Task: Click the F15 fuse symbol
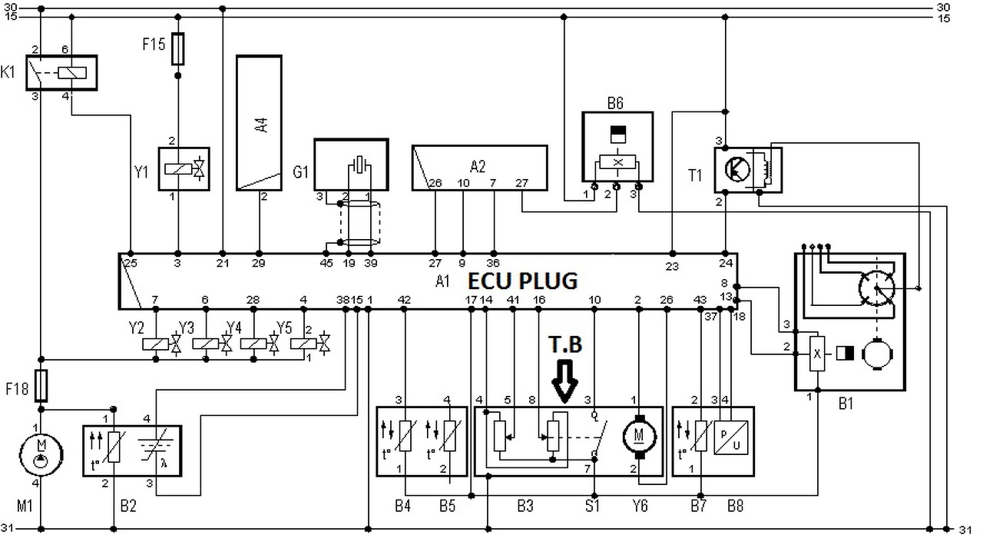[x=177, y=48]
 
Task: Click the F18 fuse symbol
[x=41, y=386]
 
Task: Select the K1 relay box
[x=61, y=73]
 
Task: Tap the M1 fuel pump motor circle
[x=41, y=454]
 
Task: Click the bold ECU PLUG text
[x=523, y=281]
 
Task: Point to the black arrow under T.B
[x=564, y=381]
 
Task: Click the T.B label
[x=565, y=344]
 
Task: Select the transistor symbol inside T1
[x=738, y=169]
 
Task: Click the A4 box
[x=259, y=123]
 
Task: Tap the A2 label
[x=478, y=167]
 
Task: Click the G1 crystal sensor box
[x=351, y=164]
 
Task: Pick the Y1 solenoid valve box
[x=184, y=169]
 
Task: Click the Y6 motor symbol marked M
[x=640, y=437]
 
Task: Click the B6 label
[x=615, y=103]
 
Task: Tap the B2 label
[x=128, y=506]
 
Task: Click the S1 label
[x=592, y=506]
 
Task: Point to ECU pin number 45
[x=326, y=263]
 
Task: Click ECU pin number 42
[x=404, y=300]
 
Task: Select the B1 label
[x=846, y=403]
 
